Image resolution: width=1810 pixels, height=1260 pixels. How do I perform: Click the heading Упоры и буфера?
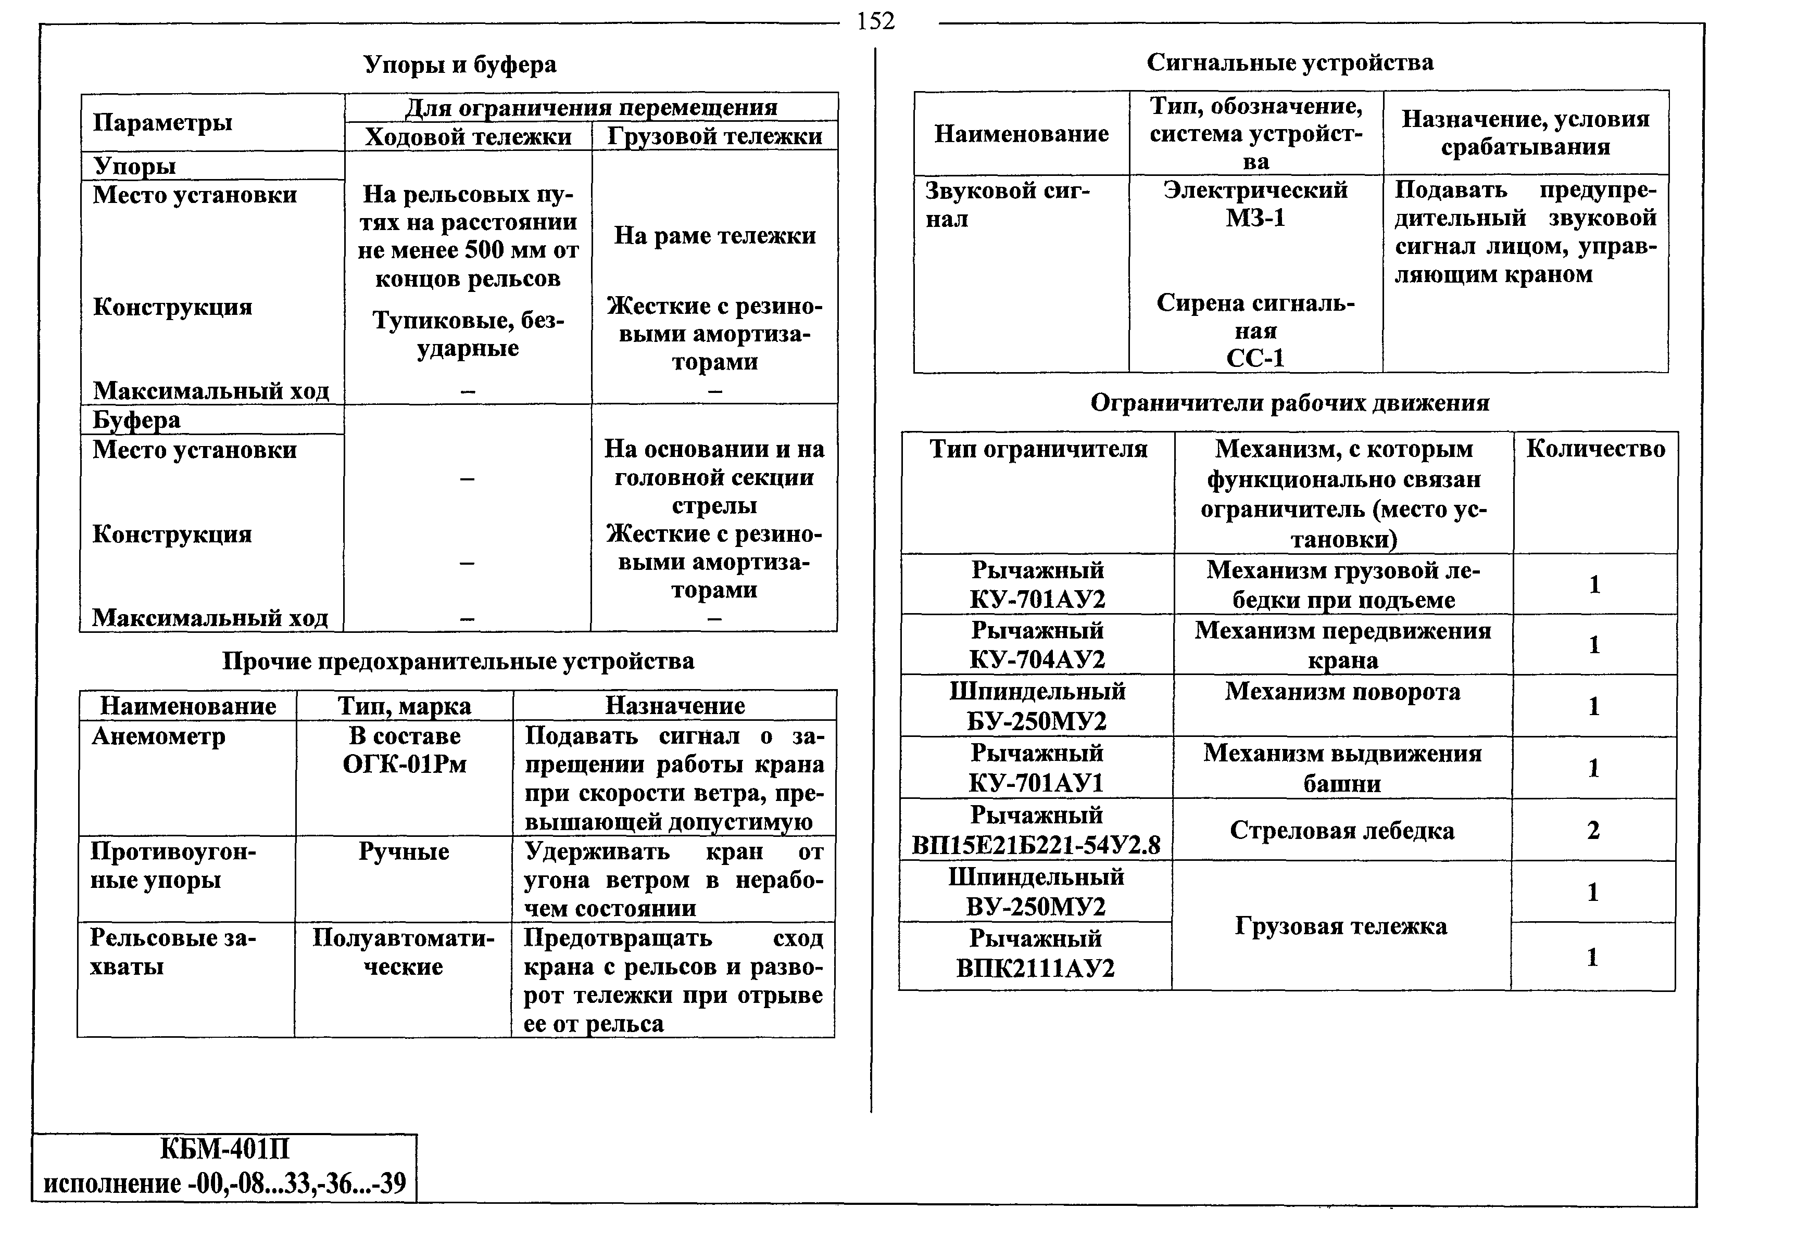(x=460, y=64)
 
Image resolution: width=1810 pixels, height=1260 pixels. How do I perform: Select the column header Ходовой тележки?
(x=468, y=136)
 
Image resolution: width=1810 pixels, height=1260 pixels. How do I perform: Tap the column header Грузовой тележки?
(x=714, y=136)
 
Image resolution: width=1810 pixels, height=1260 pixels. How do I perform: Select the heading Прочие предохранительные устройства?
(x=458, y=660)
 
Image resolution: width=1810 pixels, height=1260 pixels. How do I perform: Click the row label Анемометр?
(x=158, y=736)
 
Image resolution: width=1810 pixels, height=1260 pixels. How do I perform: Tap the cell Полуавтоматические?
(x=403, y=952)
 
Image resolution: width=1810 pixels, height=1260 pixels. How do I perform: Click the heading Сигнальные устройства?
(x=1290, y=62)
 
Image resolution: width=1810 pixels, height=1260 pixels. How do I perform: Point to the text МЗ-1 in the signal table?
(x=1255, y=218)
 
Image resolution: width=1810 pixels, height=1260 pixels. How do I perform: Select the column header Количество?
(x=1595, y=449)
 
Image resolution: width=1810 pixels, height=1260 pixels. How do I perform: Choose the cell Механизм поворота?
(x=1342, y=692)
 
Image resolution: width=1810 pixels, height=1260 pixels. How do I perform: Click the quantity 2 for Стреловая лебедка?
(x=1593, y=830)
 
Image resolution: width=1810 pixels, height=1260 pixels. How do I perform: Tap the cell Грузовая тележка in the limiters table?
(x=1340, y=926)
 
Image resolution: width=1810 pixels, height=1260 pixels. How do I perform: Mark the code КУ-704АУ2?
(x=1037, y=659)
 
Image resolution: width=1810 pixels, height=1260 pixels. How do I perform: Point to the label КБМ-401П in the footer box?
(x=224, y=1150)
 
